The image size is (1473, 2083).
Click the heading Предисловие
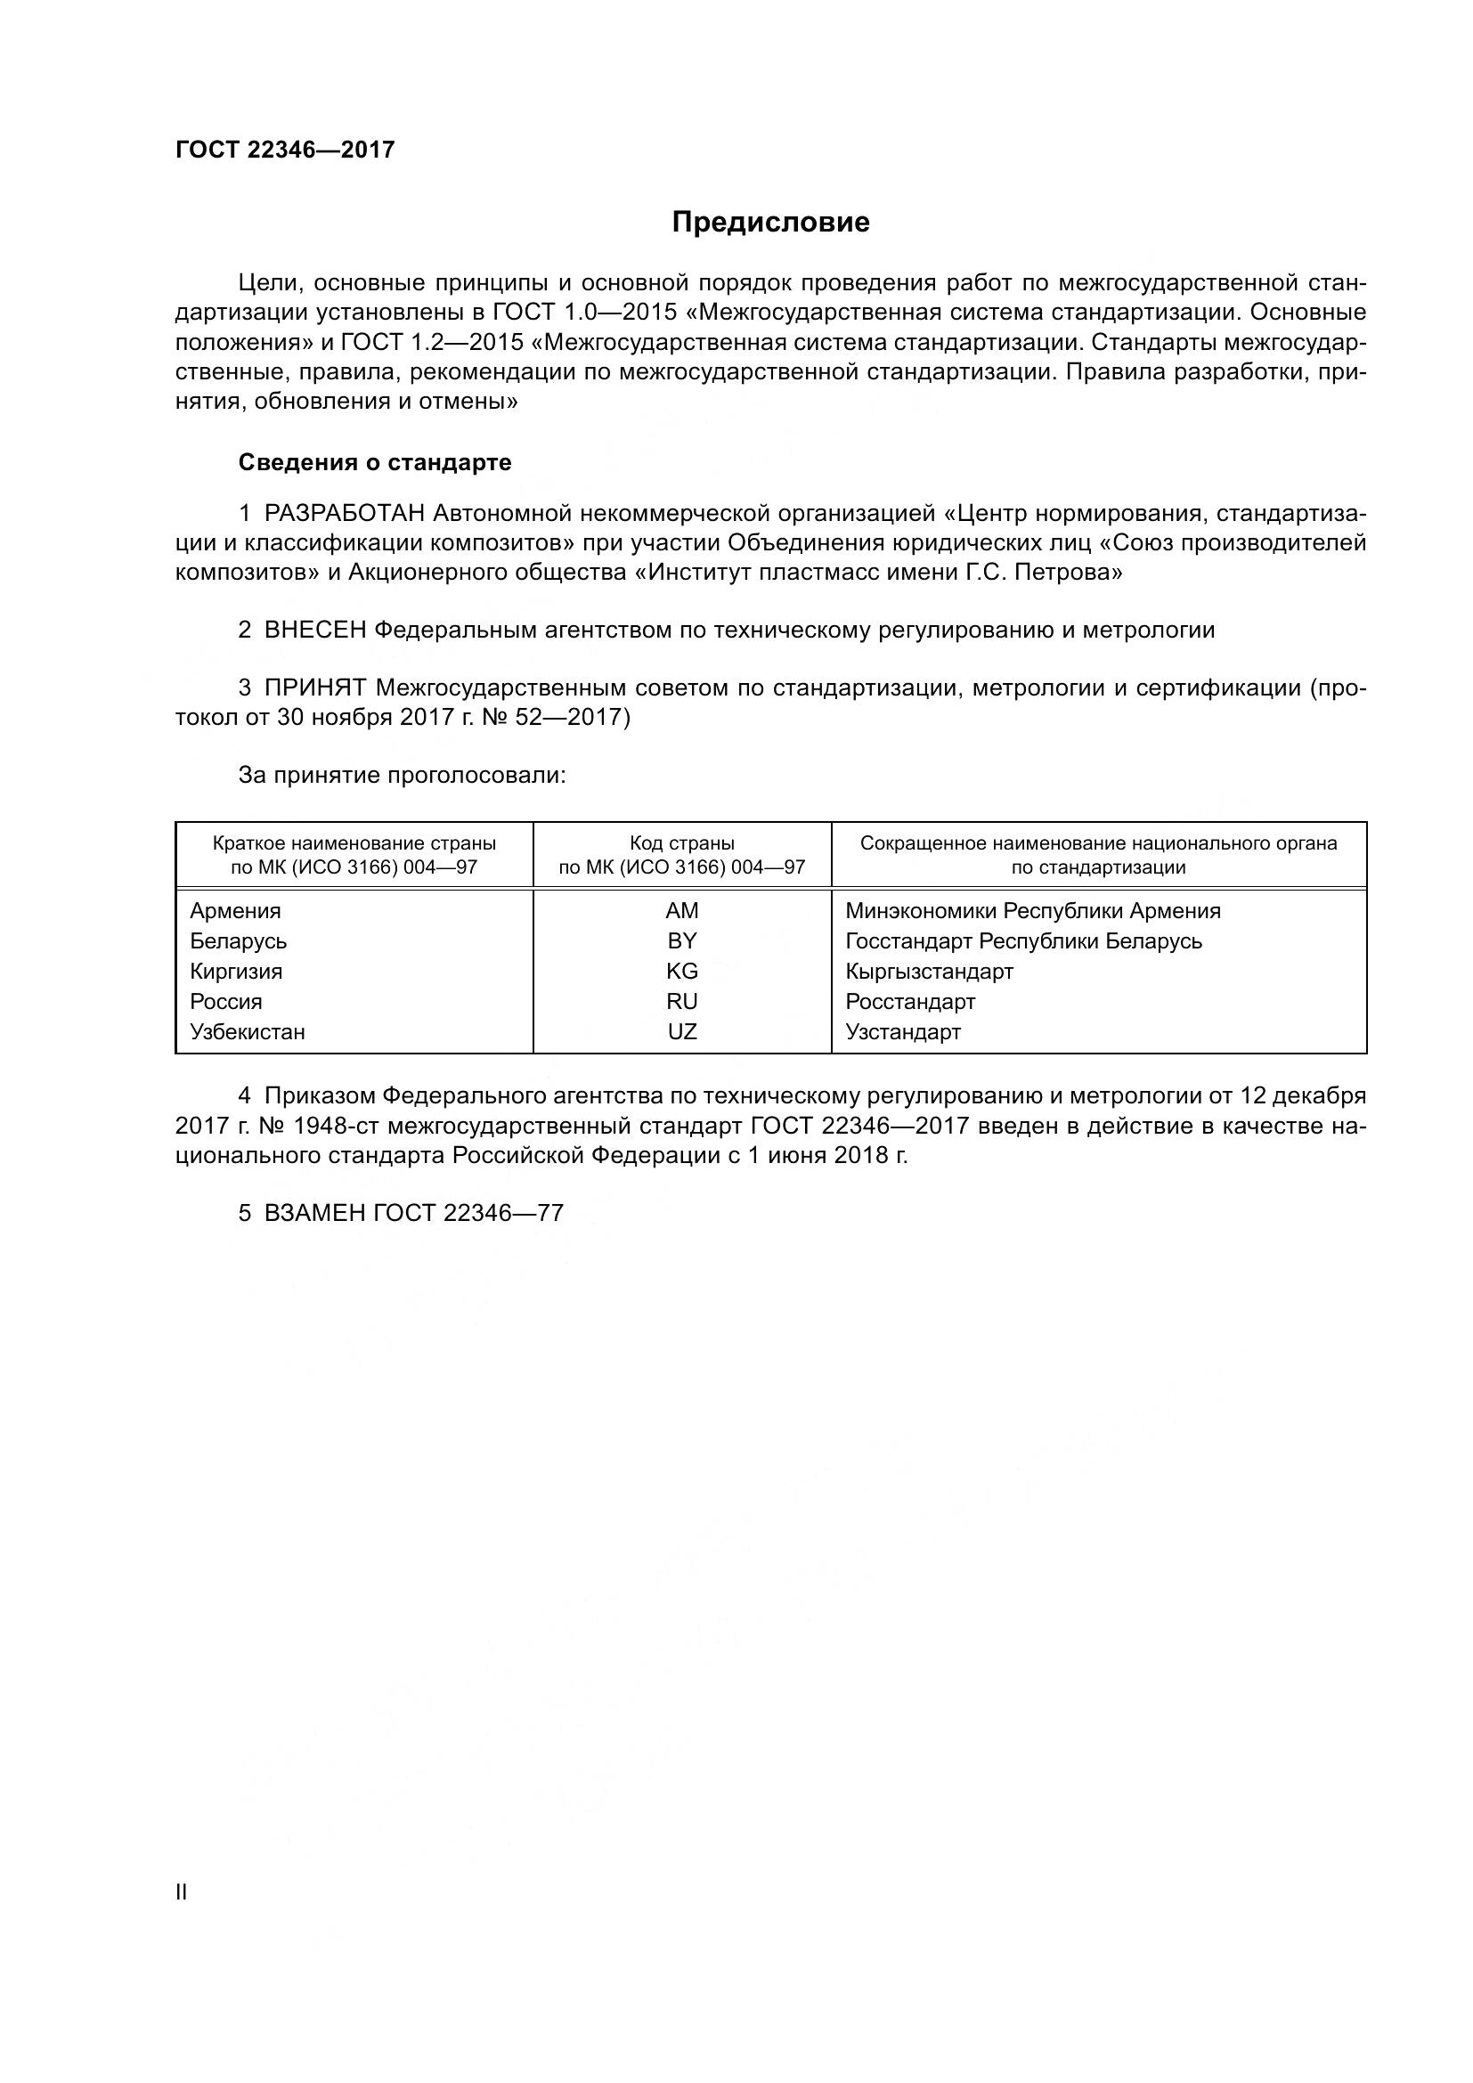[770, 223]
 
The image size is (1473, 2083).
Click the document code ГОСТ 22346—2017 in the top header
[285, 150]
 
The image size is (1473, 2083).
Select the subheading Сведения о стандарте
[375, 463]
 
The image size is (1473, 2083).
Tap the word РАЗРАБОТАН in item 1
[344, 514]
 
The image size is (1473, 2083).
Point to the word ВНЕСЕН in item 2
[314, 630]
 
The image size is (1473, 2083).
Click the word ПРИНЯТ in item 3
[314, 688]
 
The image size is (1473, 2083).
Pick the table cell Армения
[235, 911]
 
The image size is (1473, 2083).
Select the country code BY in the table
[682, 940]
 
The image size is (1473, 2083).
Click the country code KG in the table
[682, 972]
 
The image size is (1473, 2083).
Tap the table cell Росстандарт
[910, 1002]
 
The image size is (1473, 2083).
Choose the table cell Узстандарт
[902, 1032]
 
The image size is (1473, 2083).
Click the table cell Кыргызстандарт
[929, 972]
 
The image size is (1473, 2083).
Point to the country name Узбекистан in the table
[247, 1032]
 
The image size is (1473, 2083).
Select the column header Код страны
[682, 843]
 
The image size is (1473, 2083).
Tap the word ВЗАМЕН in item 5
[314, 1213]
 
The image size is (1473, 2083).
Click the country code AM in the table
[682, 911]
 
